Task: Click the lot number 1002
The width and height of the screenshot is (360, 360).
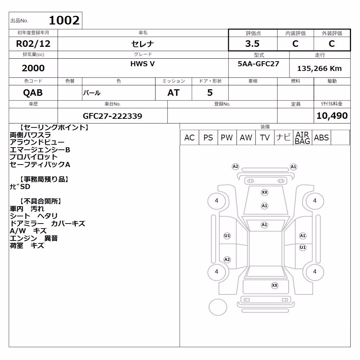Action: click(64, 21)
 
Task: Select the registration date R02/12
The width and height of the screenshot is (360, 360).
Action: click(33, 44)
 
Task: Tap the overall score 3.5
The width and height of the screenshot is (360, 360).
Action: click(252, 44)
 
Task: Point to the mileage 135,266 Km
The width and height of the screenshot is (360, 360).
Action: click(319, 68)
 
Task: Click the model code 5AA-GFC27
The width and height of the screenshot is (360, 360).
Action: click(258, 64)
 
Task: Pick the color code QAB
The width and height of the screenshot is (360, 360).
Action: click(33, 93)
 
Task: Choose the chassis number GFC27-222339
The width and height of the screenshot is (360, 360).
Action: click(112, 116)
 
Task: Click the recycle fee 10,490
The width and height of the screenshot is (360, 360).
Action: click(332, 116)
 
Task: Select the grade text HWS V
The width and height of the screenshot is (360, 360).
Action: click(143, 64)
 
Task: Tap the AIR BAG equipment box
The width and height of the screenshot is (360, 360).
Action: click(302, 138)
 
